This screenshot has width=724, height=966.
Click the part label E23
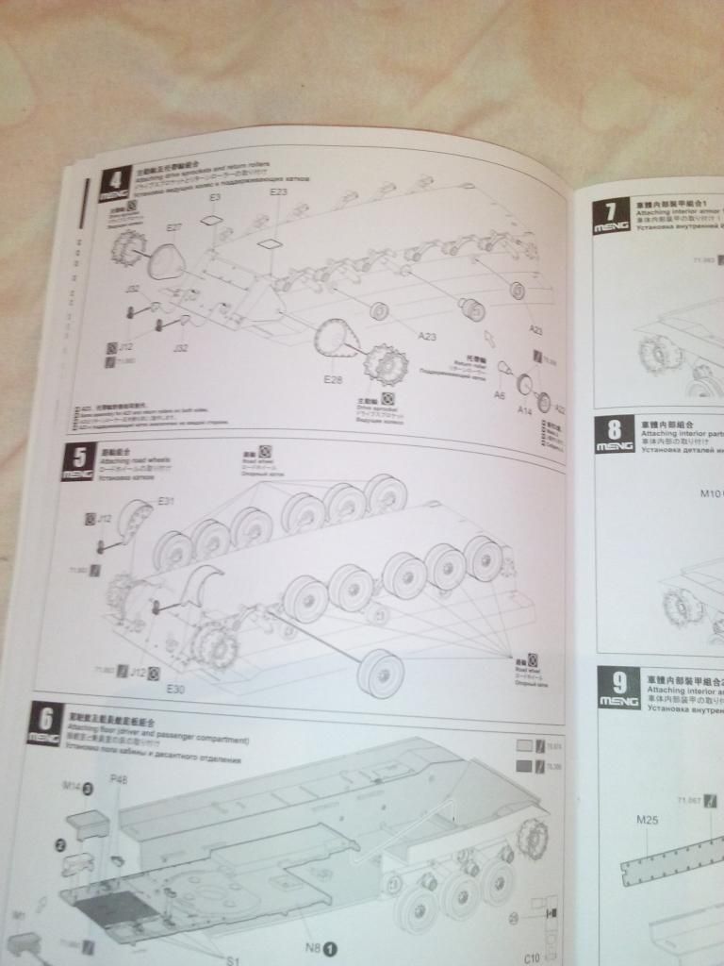[x=278, y=193]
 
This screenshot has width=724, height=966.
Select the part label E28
[x=332, y=379]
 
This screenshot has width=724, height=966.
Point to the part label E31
[x=166, y=500]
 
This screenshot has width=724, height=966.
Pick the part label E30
[x=174, y=690]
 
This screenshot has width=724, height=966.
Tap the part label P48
[x=119, y=780]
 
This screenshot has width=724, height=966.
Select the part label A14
[x=525, y=411]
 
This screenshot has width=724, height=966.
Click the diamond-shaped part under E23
[x=271, y=242]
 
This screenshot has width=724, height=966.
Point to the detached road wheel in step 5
[x=381, y=672]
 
